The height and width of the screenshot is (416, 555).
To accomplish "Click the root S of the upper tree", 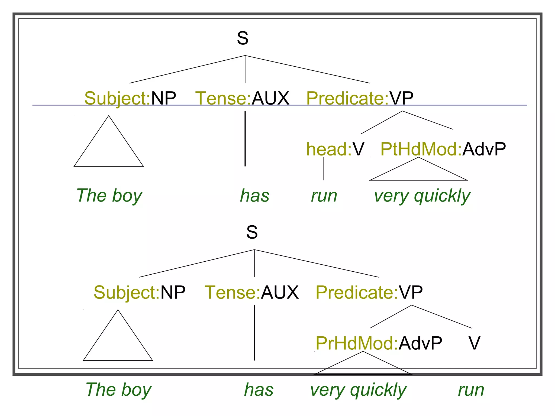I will coord(243,38).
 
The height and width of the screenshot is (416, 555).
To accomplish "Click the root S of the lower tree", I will coord(252,232).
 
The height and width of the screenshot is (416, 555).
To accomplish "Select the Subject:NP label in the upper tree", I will coord(130,98).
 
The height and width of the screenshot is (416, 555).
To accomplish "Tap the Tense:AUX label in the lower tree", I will coord(252,292).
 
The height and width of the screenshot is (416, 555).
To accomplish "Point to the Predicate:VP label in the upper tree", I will coord(360,98).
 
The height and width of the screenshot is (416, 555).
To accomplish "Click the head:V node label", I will coord(335,149).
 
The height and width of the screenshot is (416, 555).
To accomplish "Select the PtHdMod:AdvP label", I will coord(443,149).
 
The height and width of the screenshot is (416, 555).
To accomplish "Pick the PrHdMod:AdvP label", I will coord(379,343).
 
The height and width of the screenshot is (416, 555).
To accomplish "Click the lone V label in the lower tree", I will coord(474,343).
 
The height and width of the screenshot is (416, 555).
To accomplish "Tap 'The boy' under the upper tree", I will coord(109,196).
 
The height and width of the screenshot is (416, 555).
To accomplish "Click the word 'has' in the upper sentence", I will coord(255,196).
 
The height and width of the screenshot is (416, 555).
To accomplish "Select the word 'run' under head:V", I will coord(324,196).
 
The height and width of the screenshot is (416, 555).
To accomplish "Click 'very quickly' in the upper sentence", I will coord(422,196).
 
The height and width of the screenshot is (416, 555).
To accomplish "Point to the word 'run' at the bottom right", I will coord(471,390).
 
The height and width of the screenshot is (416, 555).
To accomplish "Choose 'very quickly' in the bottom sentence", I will coord(358,390).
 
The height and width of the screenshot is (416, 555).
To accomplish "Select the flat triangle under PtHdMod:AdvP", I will coord(418,172).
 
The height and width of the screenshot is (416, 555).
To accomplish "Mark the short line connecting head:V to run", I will coord(324,168).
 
